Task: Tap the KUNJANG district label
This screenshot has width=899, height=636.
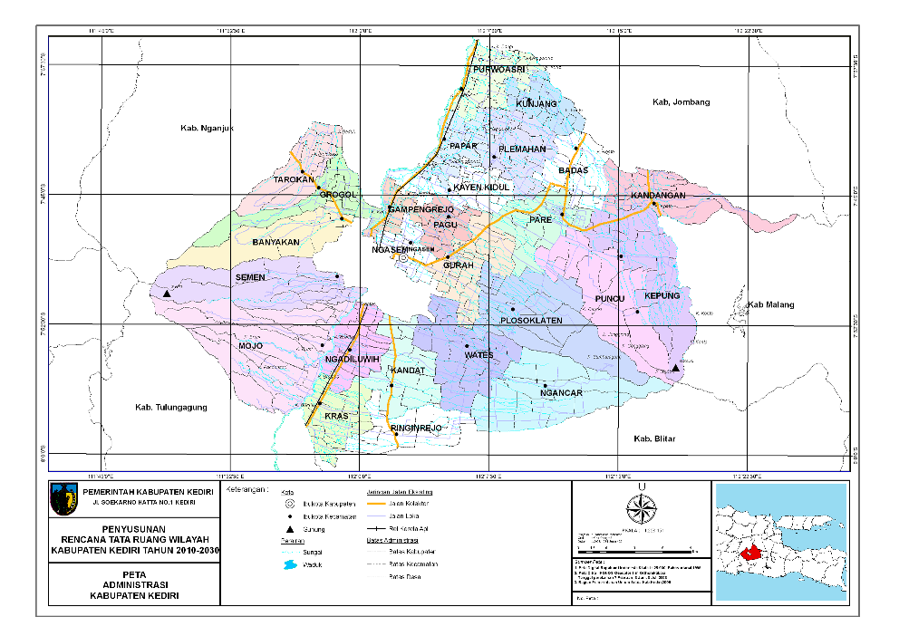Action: click(x=536, y=104)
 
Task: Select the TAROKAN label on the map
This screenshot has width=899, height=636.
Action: click(x=294, y=179)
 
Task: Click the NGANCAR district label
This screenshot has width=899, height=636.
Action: click(x=560, y=393)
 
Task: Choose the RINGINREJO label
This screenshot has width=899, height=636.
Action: click(x=415, y=427)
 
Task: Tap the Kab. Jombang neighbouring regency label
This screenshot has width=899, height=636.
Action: click(x=681, y=102)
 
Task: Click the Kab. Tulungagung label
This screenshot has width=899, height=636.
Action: click(x=170, y=407)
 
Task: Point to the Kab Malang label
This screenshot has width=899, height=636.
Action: click(x=770, y=304)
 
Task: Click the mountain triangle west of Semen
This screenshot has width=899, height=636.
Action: click(x=167, y=294)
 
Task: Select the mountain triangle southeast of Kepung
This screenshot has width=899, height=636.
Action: click(x=675, y=369)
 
